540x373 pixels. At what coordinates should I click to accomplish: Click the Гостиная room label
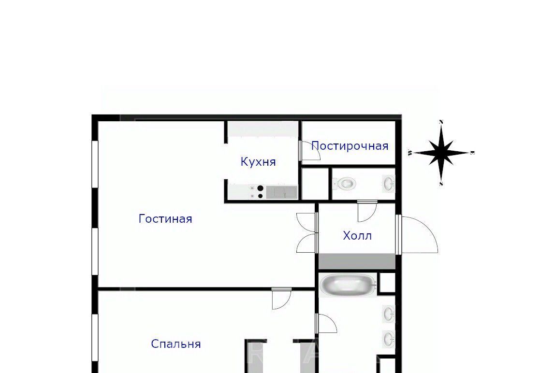(165, 219)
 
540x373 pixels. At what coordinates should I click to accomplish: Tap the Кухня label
(258, 162)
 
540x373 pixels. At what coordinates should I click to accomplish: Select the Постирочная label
(350, 146)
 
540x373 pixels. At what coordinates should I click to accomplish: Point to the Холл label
(357, 236)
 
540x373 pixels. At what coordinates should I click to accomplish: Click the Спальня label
(176, 344)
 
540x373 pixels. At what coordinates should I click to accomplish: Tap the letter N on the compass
(441, 121)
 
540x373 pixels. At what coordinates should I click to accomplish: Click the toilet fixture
(344, 184)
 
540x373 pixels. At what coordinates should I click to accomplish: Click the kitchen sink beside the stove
(282, 192)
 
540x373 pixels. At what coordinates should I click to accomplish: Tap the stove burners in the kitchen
(257, 192)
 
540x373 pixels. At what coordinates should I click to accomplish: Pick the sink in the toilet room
(389, 184)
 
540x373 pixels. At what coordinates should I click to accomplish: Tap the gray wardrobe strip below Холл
(357, 261)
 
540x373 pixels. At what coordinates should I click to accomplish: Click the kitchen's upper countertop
(263, 129)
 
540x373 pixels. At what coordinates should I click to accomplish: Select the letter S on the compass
(441, 184)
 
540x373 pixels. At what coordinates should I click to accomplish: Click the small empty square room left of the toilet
(315, 183)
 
